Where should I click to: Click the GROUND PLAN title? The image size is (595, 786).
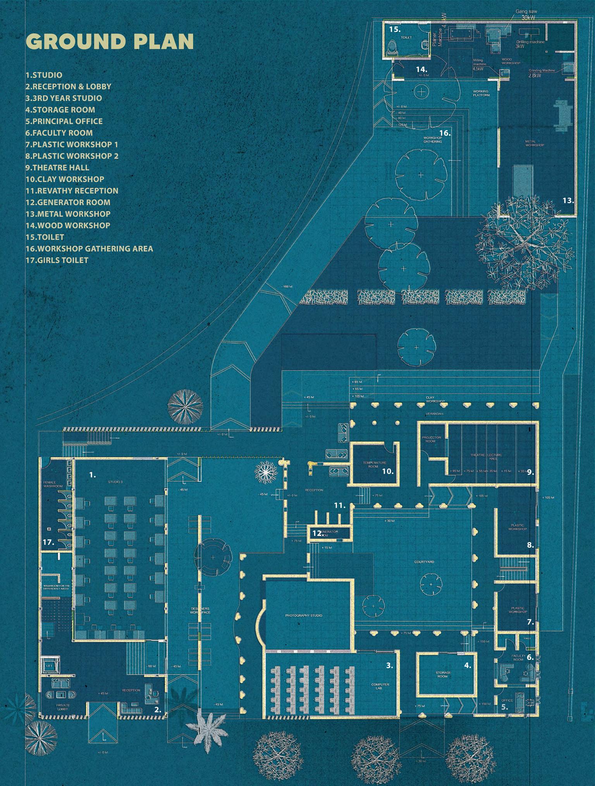(x=109, y=42)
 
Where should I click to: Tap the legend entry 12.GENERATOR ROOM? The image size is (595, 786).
(x=68, y=202)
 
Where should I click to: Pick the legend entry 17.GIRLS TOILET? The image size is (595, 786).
(x=57, y=260)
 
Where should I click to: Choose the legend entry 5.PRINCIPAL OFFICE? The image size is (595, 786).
(x=64, y=121)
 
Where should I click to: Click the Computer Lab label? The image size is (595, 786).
(x=380, y=687)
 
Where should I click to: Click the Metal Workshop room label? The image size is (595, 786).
(x=535, y=143)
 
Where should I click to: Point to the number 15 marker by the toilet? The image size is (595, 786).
(x=394, y=29)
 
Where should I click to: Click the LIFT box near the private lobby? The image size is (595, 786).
(x=49, y=666)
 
